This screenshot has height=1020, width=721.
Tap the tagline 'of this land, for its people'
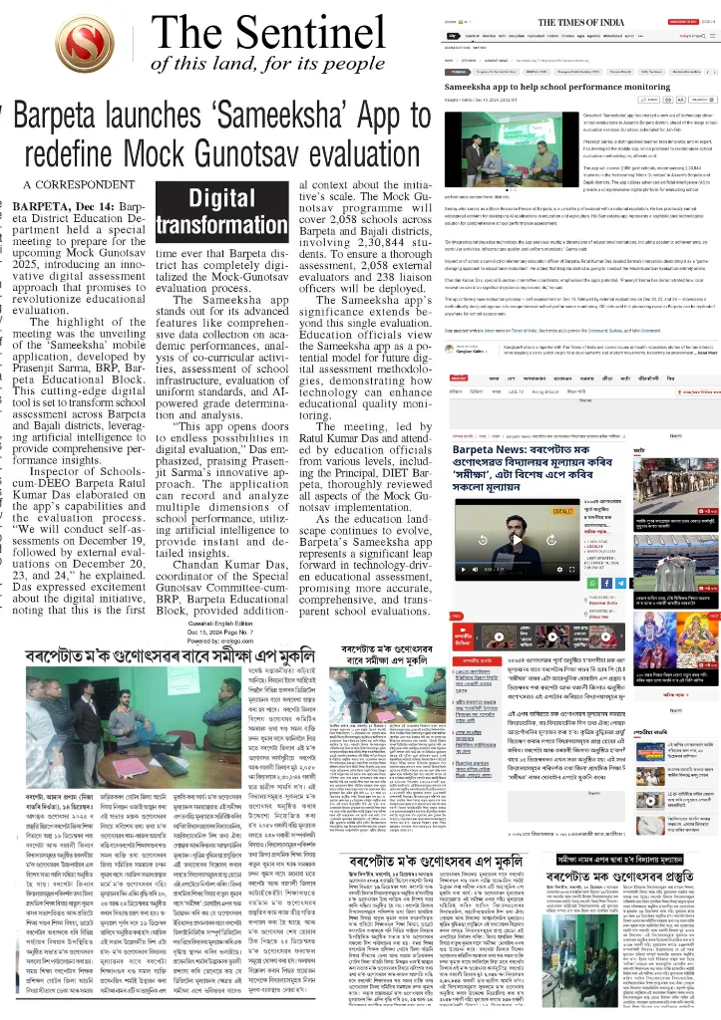tap(267, 65)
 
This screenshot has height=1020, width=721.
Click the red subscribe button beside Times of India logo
tap(682, 20)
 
